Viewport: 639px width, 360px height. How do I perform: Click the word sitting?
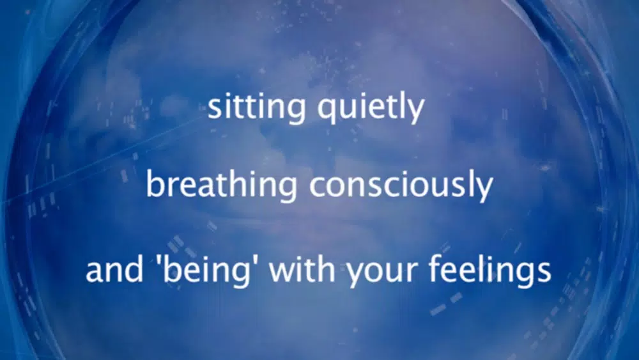point(257,107)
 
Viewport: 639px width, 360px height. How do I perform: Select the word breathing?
point(221,185)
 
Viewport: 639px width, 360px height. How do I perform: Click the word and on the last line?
point(114,269)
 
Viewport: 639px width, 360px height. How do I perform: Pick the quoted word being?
point(206,270)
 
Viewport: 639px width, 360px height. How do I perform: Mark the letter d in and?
point(134,269)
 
